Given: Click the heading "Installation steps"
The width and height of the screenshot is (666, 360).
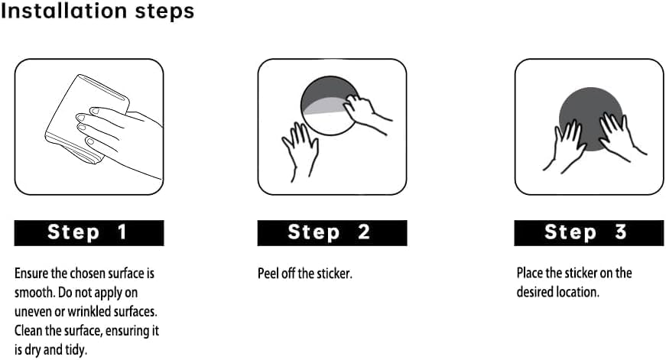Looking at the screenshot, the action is tap(97, 11).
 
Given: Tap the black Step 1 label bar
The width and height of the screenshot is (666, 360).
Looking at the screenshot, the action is tap(89, 232).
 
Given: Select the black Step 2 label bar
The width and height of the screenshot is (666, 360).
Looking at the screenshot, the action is tap(332, 232).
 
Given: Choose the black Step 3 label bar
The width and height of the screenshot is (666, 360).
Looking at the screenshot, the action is tap(589, 232).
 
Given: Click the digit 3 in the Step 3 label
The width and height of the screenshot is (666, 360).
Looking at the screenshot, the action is tap(621, 232).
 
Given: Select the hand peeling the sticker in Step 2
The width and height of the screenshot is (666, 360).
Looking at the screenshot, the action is tap(365, 112).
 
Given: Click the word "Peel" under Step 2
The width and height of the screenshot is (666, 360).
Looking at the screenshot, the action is tap(268, 274).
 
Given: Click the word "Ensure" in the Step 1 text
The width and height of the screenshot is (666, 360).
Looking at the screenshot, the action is tap(31, 273).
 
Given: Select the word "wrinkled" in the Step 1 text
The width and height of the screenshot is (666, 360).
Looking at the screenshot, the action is tap(89, 312).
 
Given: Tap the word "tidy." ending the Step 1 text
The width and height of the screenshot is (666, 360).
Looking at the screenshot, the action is tap(76, 350).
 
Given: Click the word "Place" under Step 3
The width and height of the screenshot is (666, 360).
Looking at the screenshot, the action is tap(530, 273).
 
